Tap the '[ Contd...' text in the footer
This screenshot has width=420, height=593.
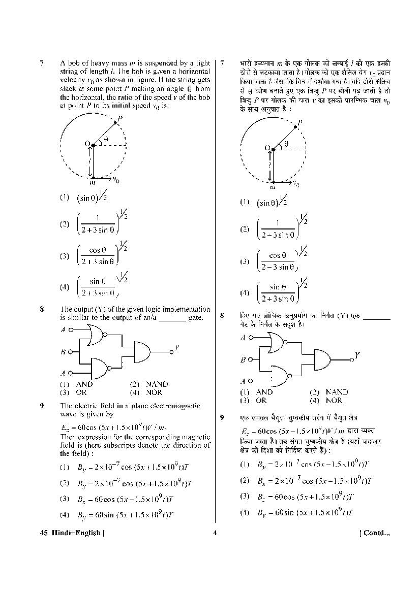pos(374,533)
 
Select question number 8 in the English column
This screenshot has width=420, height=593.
pos(42,309)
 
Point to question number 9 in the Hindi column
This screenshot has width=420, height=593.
pos(222,417)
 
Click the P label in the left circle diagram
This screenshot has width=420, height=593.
pos(119,119)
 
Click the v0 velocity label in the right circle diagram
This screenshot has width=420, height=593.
pos(295,184)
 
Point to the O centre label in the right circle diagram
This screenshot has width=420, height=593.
pos(267,148)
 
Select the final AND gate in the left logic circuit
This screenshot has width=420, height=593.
pos(143,351)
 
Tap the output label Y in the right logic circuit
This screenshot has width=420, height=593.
pos(357,355)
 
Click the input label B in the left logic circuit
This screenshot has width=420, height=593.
pos(63,351)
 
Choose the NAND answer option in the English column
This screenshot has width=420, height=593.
pos(157,384)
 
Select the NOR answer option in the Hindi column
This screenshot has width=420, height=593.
pos(334,400)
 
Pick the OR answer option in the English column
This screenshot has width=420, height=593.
pos(81,392)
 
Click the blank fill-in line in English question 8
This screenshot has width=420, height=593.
pos(172,318)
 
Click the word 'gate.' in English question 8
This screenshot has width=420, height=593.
pos(195,318)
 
